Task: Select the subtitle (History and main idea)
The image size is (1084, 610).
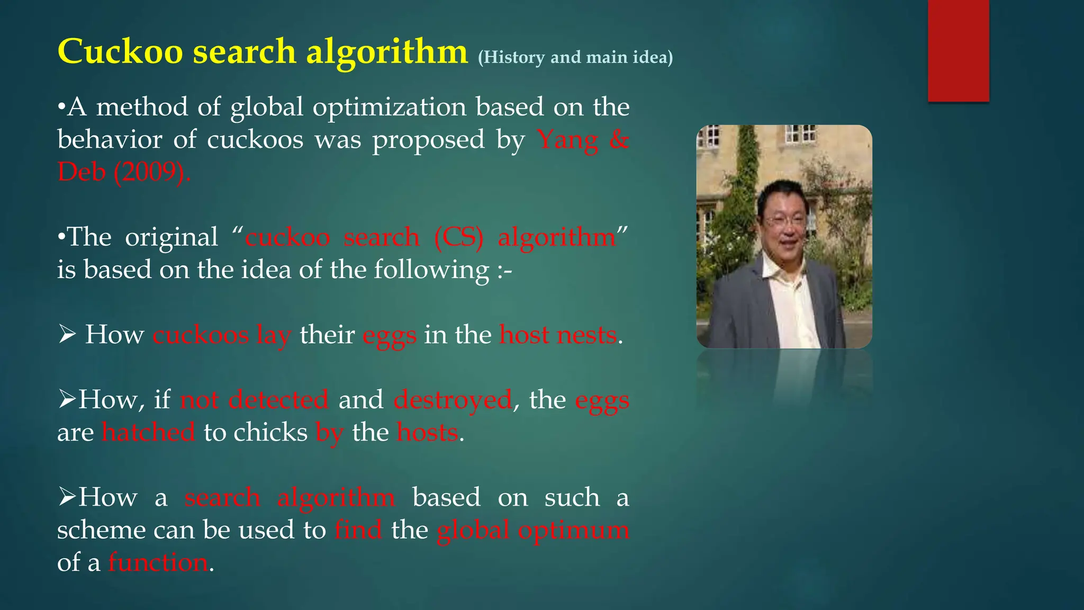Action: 575,57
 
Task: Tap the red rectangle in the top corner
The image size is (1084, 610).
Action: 958,51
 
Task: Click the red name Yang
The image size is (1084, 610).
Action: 567,141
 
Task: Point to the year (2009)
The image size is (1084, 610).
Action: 152,172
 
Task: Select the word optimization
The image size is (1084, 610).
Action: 389,107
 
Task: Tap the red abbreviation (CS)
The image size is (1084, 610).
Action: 458,237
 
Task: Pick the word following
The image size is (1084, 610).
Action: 431,270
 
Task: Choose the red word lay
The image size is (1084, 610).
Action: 274,335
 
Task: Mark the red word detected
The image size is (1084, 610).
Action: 278,400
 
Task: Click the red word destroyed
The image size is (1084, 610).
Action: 453,400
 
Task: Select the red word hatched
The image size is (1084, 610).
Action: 148,433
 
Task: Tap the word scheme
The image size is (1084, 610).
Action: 101,530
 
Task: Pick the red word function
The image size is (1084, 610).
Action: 158,562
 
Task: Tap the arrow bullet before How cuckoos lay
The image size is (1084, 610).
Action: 67,335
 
